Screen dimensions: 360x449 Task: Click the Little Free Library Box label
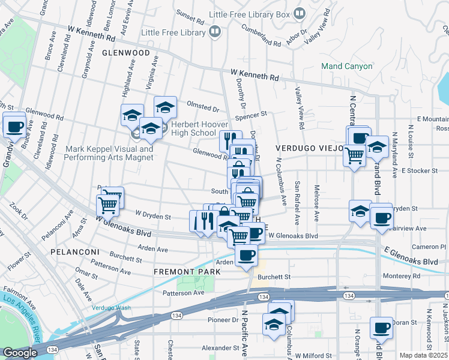click(258, 14)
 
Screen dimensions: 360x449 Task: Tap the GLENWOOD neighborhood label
click(125, 53)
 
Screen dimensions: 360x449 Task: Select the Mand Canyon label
click(347, 66)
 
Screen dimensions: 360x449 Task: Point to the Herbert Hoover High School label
click(193, 128)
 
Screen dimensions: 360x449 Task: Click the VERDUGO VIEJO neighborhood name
click(310, 148)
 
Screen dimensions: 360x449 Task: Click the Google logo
click(19, 353)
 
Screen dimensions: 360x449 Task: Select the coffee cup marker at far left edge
click(14, 127)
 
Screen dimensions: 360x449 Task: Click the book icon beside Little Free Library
click(214, 32)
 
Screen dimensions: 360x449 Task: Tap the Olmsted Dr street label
click(203, 109)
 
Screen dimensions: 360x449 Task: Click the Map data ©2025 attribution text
click(424, 355)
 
